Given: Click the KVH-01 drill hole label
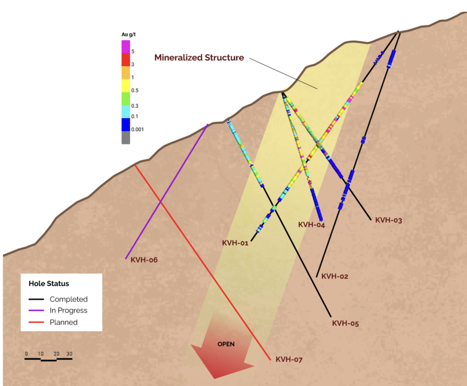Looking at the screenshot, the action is tap(235, 243).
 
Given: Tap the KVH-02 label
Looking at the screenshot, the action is tap(335, 276).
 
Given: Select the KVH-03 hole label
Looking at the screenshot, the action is tap(389, 220).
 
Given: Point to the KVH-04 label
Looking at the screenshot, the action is tap(311, 225).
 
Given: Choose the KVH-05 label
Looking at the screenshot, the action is tap(345, 323).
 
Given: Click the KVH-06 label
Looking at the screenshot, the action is tap(144, 260).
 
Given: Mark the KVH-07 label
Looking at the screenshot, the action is tap(289, 360).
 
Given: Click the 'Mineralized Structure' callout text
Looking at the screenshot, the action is tap(199, 57).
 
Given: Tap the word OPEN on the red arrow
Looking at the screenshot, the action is tap(226, 344).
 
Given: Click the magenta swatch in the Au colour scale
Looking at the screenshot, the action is tap(126, 47).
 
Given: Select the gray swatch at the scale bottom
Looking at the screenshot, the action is tap(126, 138).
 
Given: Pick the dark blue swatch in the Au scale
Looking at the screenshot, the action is tap(126, 125).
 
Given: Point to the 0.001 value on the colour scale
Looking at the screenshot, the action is tap(137, 129).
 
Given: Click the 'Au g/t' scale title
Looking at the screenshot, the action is tap(128, 35).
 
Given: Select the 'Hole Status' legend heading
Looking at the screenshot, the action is tap(49, 283).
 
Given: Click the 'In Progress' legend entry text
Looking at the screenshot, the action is tap(68, 310).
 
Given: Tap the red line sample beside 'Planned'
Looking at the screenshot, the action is tap(36, 322).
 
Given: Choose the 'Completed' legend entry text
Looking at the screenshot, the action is tap(68, 299).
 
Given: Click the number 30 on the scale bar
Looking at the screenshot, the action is tap(69, 354).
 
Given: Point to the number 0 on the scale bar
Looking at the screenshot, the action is tap(26, 354).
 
